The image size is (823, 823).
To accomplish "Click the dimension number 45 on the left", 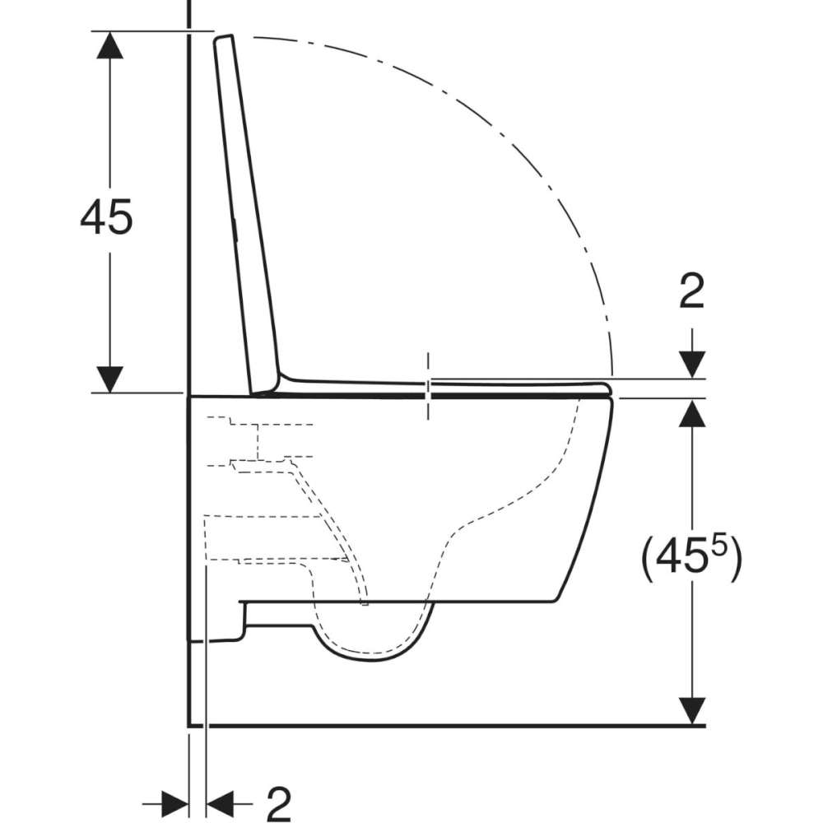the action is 106,216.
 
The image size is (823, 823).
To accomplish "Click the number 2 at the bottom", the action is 279,803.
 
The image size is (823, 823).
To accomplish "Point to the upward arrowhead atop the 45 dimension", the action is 109,44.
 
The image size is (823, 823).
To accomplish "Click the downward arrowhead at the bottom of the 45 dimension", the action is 109,379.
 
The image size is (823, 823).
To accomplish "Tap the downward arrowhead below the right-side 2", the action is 692,365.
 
